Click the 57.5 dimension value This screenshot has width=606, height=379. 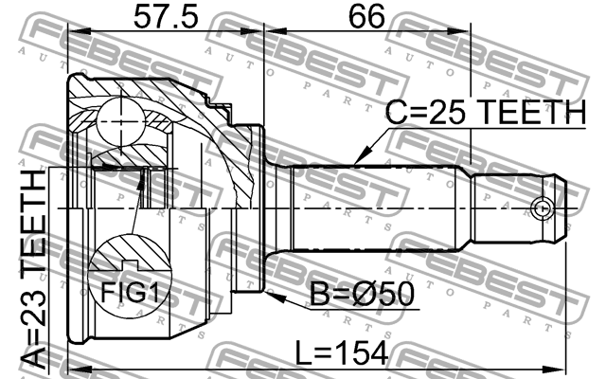pos(166,17)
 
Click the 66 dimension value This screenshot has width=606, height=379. pos(366,17)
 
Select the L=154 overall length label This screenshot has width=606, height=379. pos(342,352)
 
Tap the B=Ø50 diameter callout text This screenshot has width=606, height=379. pos(362,294)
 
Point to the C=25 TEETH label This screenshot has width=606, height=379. pos(486,112)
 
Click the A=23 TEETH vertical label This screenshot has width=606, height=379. pos(33,269)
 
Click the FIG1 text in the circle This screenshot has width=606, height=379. pos(130,292)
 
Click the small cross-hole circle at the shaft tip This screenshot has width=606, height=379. pos(542,208)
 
